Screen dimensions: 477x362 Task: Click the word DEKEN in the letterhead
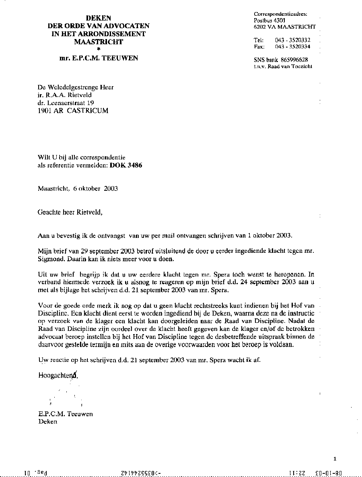pos(99,18)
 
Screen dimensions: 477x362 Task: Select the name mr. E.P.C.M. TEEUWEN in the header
pos(99,58)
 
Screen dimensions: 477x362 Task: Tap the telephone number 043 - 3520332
pos(293,40)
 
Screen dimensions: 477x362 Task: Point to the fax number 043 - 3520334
pos(293,47)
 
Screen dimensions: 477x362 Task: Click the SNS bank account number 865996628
pos(294,60)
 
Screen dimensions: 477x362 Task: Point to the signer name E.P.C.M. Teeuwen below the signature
pos(66,414)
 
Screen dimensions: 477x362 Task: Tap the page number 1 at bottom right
pos(335,458)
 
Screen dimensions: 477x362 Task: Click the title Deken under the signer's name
pos(48,421)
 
